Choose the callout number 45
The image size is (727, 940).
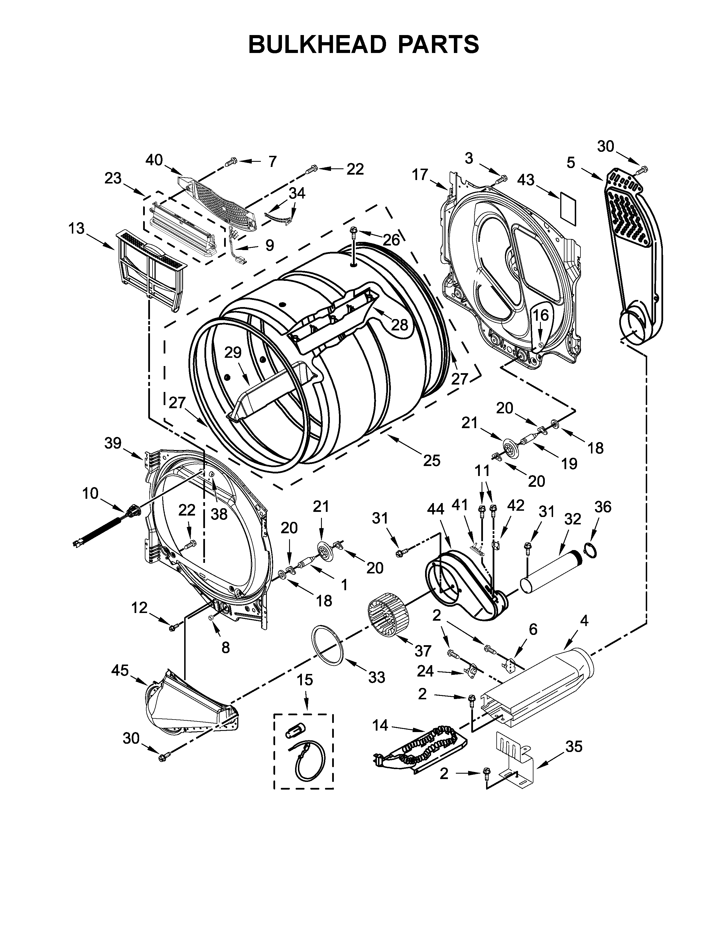click(120, 670)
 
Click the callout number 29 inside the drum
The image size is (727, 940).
click(233, 353)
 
